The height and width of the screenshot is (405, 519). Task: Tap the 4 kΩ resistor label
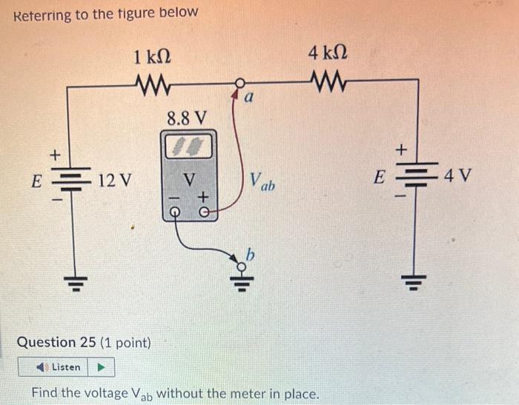[x=327, y=54]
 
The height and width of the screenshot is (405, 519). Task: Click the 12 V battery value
[x=116, y=180]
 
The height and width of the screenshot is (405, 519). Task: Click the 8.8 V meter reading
[x=187, y=118]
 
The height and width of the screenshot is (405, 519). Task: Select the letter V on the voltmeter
[x=190, y=179]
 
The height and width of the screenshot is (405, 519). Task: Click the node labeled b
[x=239, y=264]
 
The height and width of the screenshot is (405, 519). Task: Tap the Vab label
[x=262, y=182]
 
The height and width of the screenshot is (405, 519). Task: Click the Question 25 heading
[x=83, y=343]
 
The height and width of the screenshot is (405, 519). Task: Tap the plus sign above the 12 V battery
[x=54, y=155]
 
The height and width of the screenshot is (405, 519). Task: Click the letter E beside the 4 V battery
[x=380, y=178]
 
